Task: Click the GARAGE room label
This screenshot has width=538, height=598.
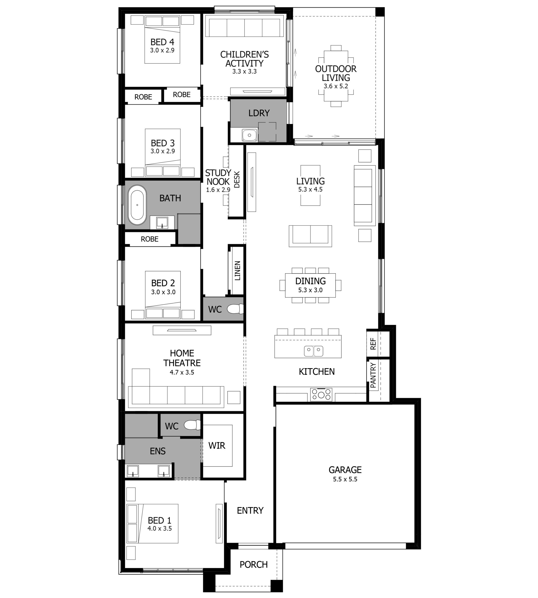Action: pyautogui.click(x=345, y=470)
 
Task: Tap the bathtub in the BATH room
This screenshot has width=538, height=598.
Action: pyautogui.click(x=137, y=205)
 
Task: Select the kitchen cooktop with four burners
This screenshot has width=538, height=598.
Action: pyautogui.click(x=321, y=395)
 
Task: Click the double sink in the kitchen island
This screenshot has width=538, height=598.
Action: pyautogui.click(x=313, y=351)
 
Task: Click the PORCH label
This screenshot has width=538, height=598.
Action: pyautogui.click(x=253, y=565)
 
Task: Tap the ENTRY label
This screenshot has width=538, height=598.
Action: pyautogui.click(x=250, y=510)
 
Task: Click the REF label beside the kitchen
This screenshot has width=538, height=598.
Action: pyautogui.click(x=373, y=344)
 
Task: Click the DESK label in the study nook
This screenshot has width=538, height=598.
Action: pyautogui.click(x=237, y=180)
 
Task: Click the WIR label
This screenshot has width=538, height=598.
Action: pyautogui.click(x=217, y=446)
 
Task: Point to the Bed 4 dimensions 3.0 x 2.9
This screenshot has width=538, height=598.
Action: pyautogui.click(x=162, y=50)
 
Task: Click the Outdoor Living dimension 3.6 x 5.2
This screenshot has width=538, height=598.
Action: pyautogui.click(x=336, y=86)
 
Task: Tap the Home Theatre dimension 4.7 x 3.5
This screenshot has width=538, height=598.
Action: pyautogui.click(x=182, y=372)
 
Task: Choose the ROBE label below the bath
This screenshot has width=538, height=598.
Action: pyautogui.click(x=150, y=239)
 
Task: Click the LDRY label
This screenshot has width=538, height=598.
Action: pyautogui.click(x=259, y=113)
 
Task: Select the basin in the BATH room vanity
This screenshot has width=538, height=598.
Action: pyautogui.click(x=162, y=222)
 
